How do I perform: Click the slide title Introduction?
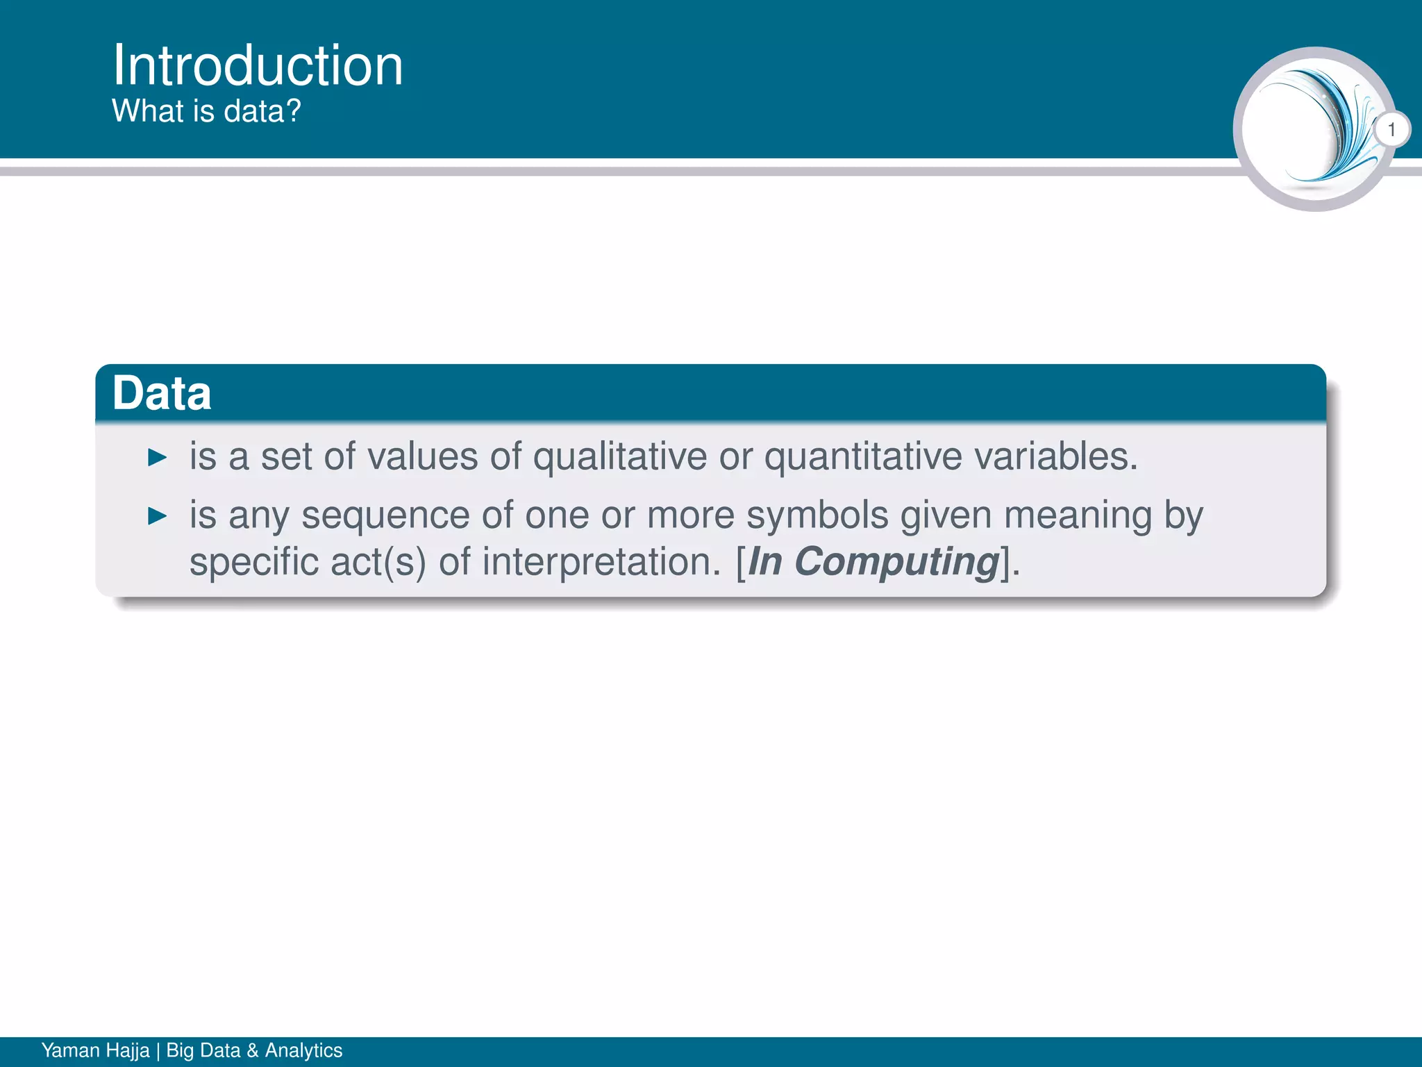(258, 65)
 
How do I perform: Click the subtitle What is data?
(206, 111)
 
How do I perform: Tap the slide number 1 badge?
(1391, 130)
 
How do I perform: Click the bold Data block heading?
(162, 393)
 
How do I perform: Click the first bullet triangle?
(158, 458)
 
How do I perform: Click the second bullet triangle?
(158, 516)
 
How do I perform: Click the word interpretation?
(602, 562)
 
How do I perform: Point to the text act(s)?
(378, 562)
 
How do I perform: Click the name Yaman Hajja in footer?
(96, 1050)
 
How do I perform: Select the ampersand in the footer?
(253, 1050)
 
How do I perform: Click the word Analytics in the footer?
(303, 1050)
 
